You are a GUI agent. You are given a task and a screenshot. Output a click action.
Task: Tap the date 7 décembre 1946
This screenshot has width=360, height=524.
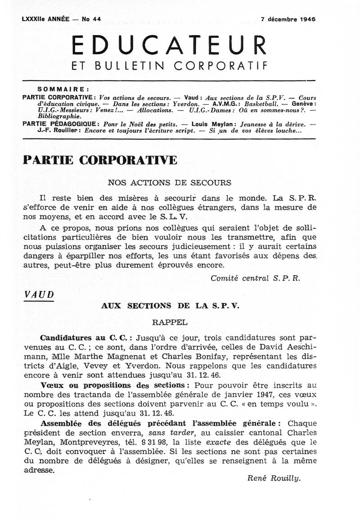coord(288,19)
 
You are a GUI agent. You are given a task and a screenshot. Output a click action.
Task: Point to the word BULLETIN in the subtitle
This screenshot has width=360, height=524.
coord(126,67)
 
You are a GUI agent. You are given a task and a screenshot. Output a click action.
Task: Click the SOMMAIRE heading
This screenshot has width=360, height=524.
coord(63,89)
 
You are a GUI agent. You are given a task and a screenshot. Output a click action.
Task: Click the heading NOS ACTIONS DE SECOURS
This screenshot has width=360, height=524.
coord(169,183)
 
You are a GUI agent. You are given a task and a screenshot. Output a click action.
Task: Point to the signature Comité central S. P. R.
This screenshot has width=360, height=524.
coord(255,278)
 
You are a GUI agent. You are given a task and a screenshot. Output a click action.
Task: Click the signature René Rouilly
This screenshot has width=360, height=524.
coord(274,478)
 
